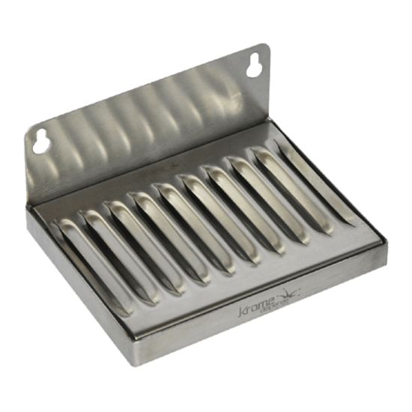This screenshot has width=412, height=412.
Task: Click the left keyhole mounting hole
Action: point(40,139)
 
